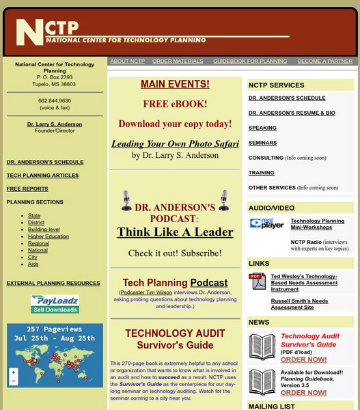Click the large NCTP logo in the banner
pos(46,31)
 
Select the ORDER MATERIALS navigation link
pos(177,61)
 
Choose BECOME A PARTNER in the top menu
pos(325,61)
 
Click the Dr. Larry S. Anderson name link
pos(55,124)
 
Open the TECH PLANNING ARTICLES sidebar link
pos(42,176)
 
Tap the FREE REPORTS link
pos(27,189)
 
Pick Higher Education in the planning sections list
pos(48,236)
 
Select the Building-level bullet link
pos(44,230)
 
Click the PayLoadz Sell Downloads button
pos(55,304)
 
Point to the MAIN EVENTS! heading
pos(175,85)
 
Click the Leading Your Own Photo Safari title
pos(175,144)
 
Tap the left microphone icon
pos(126,201)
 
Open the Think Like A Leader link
pos(175,232)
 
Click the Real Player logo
pos(266,223)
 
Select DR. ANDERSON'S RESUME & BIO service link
pos(292,112)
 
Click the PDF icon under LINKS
pos(258,280)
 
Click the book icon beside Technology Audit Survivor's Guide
pos(262,347)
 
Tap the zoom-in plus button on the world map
pos(13,372)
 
